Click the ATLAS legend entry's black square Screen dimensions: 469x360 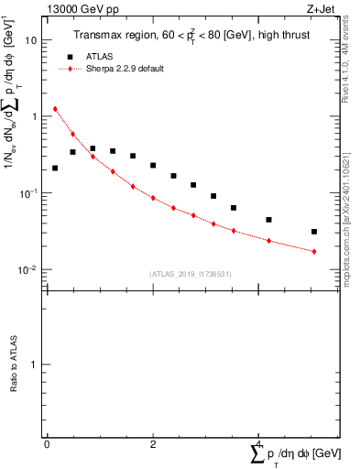point(70,56)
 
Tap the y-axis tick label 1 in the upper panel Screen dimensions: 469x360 point(34,116)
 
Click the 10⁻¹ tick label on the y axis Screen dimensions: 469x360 point(29,192)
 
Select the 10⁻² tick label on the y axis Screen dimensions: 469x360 point(29,269)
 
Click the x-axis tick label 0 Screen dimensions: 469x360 point(47,443)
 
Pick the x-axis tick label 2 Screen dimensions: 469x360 point(153,443)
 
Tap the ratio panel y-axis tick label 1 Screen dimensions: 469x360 point(34,365)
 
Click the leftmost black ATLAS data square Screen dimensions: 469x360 point(55,169)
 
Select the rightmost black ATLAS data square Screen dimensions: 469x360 point(314,232)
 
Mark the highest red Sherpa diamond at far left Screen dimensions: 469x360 point(55,109)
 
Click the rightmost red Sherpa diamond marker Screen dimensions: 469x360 point(314,251)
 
